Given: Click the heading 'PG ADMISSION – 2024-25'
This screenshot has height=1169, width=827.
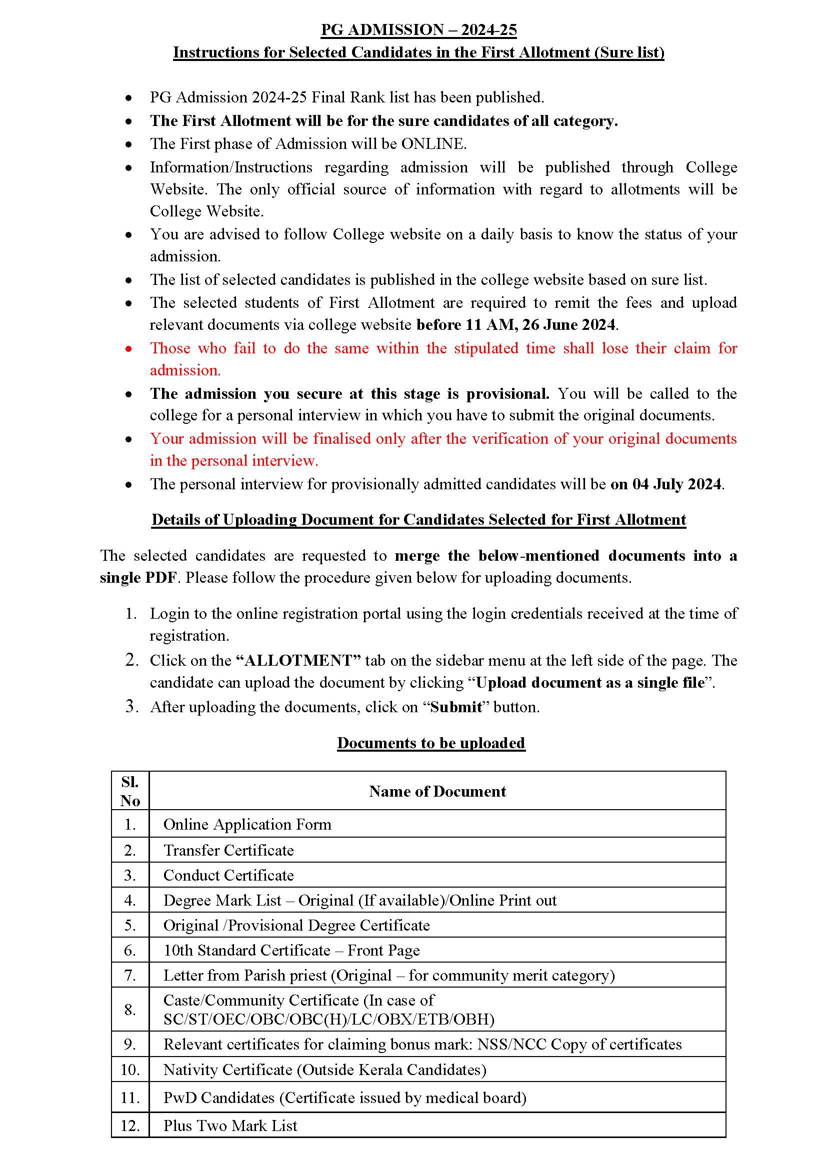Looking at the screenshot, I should pyautogui.click(x=418, y=30).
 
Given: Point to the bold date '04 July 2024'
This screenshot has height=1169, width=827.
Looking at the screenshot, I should pyautogui.click(x=677, y=484).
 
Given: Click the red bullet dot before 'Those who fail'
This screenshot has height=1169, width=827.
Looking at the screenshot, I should pyautogui.click(x=129, y=349).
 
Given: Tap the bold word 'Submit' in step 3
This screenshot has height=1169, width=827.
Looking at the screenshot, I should pyautogui.click(x=456, y=707).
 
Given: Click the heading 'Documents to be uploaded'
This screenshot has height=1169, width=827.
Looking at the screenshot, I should pyautogui.click(x=431, y=743).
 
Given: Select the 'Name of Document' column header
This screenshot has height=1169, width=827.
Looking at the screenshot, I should pyautogui.click(x=437, y=791).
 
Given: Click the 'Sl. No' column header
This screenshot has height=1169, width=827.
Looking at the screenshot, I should pyautogui.click(x=130, y=791).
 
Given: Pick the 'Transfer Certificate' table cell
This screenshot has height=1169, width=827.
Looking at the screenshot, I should pyautogui.click(x=228, y=850).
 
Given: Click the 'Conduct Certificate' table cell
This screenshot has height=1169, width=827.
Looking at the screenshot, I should pyautogui.click(x=228, y=875).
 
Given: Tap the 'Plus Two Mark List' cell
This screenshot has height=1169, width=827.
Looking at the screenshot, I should pyautogui.click(x=230, y=1126).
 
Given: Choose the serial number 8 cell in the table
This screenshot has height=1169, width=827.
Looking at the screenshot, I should pyautogui.click(x=130, y=1010).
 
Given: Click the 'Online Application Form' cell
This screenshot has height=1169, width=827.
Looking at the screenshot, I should pyautogui.click(x=247, y=824).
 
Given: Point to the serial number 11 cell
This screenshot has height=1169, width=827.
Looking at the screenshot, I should pyautogui.click(x=130, y=1098).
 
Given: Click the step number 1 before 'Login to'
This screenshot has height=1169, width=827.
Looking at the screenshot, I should pyautogui.click(x=131, y=614).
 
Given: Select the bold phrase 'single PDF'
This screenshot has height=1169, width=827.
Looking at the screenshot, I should pyautogui.click(x=138, y=578).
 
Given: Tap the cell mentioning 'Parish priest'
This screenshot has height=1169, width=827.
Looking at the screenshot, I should pyautogui.click(x=388, y=975).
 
